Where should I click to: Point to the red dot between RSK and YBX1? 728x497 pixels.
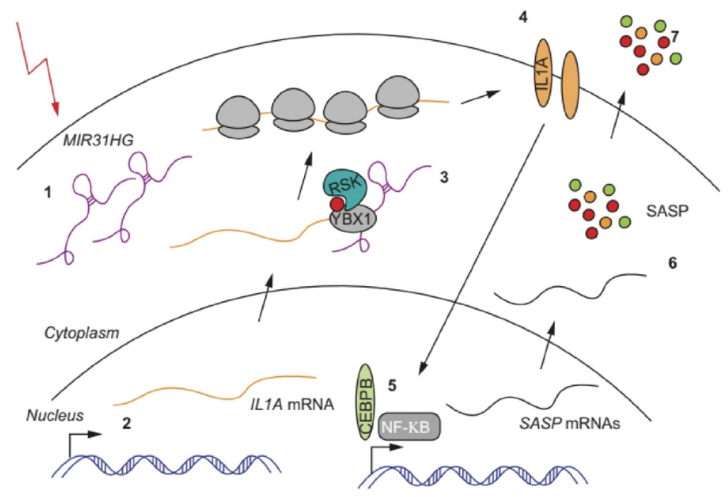tap(338, 205)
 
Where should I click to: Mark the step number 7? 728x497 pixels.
tap(675, 37)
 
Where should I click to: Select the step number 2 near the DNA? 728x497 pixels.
tap(125, 423)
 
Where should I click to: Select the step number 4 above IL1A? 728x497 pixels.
tap(521, 18)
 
